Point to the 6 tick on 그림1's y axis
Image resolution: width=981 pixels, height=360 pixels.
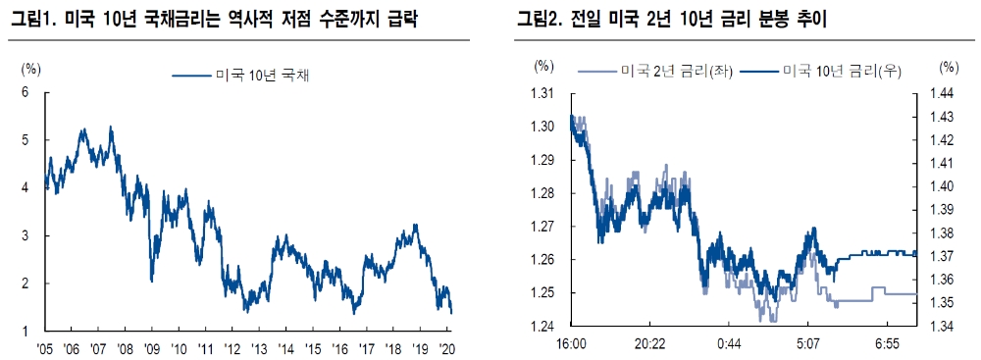[26, 92]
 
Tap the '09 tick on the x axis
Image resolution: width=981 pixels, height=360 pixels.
[151, 348]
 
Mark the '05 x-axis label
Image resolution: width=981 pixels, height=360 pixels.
[45, 348]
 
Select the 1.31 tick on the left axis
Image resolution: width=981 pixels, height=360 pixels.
[544, 93]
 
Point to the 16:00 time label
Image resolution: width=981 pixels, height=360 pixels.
[571, 345]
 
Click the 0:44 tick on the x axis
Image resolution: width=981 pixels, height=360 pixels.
[731, 345]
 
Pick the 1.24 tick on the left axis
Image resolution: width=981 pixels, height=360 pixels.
[544, 327]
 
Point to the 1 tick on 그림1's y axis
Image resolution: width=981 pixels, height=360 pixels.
[26, 331]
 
